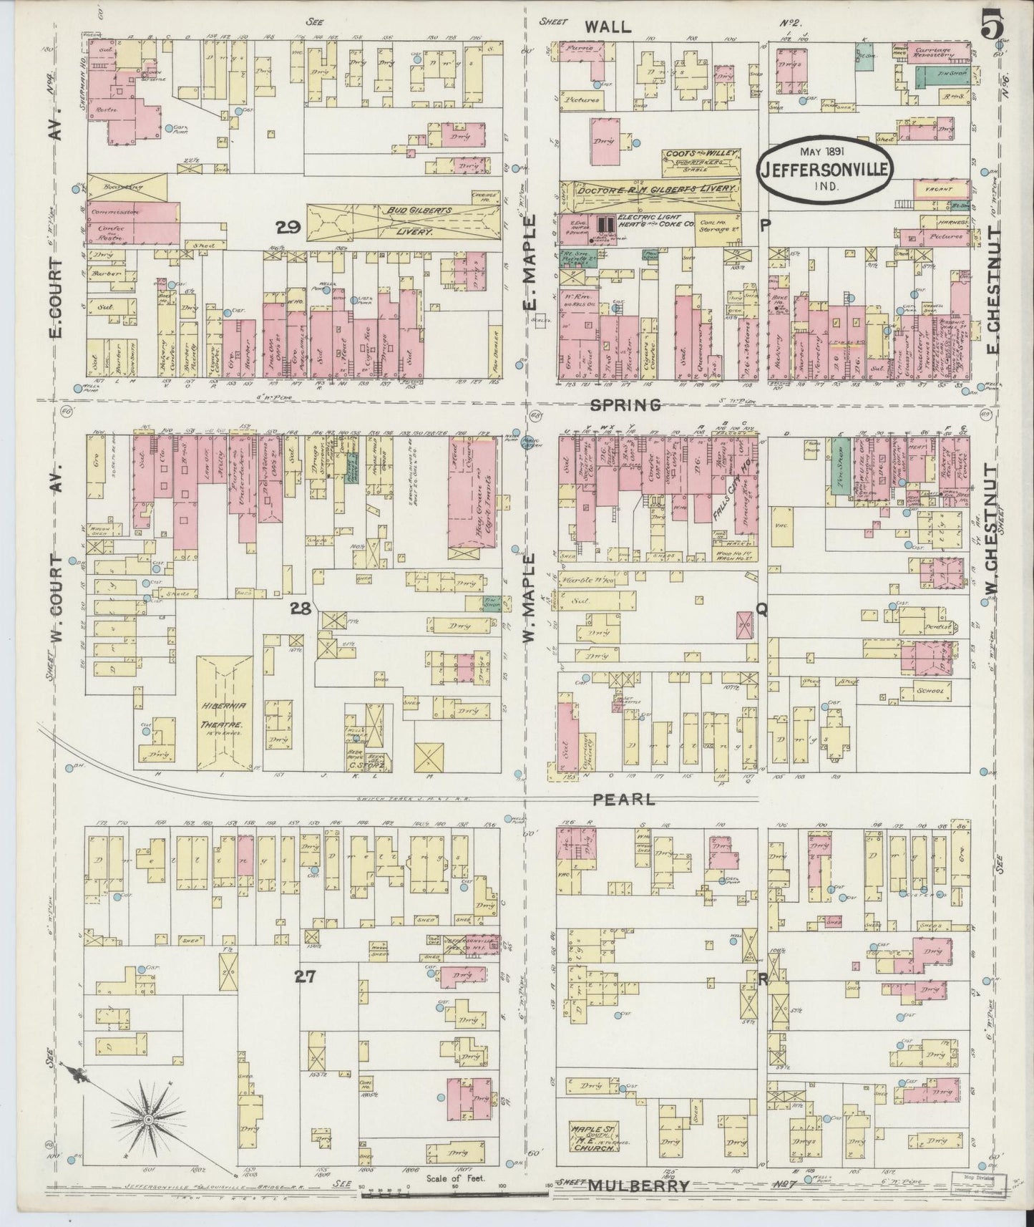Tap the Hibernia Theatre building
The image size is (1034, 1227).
[223, 713]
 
